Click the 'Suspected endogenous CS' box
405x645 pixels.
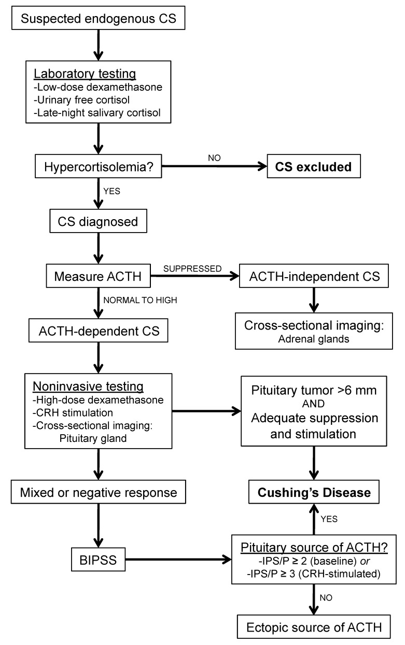99,18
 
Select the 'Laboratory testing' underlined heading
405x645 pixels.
85,74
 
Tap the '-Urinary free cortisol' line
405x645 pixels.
81,99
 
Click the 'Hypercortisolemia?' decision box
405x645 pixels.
99,166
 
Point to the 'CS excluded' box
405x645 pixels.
314,166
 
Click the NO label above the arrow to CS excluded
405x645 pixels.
214,158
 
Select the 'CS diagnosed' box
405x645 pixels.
99,221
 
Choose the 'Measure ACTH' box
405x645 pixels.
99,276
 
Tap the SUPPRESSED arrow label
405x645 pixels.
192,268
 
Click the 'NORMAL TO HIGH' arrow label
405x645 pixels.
140,300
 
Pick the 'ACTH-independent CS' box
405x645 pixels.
314,276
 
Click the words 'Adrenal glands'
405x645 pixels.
314,339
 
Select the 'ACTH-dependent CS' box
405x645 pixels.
99,331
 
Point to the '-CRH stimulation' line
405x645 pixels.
73,412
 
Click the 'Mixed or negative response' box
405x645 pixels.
99,492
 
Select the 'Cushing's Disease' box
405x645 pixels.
314,492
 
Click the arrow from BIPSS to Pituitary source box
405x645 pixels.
178,559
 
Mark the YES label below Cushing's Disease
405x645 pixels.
329,519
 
